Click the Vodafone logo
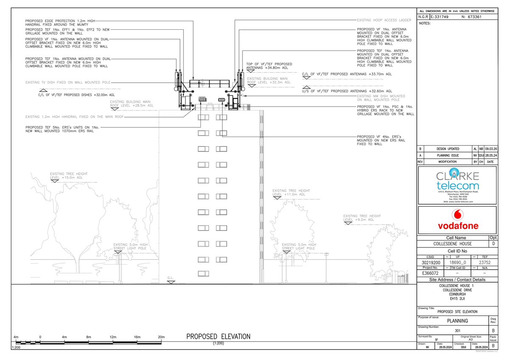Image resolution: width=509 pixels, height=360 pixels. point(457,220)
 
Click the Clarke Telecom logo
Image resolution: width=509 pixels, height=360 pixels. point(457,182)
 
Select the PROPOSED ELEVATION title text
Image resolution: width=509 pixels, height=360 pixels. point(218,337)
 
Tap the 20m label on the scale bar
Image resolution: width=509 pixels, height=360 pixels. point(161,337)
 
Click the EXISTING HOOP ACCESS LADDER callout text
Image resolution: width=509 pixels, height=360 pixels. point(384,20)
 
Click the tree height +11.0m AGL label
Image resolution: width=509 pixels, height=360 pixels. point(291,192)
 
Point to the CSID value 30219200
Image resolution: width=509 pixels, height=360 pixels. point(430,262)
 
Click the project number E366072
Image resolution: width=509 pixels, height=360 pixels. point(430,274)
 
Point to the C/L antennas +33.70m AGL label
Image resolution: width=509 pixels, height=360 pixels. point(347,74)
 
